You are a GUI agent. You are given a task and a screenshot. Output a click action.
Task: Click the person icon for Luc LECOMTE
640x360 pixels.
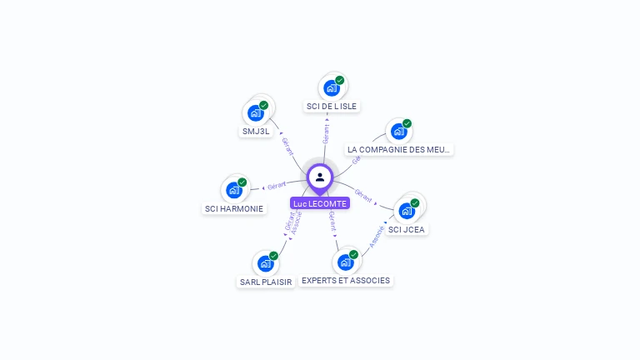pyautogui.click(x=320, y=177)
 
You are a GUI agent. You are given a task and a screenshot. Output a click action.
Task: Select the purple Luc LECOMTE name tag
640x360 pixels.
pyautogui.click(x=320, y=203)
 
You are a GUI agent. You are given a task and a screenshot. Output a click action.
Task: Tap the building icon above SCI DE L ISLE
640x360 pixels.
pyautogui.click(x=332, y=87)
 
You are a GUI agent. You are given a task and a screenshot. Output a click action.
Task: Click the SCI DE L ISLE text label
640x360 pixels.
pyautogui.click(x=332, y=106)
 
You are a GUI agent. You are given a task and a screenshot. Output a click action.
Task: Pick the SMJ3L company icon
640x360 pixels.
pyautogui.click(x=256, y=113)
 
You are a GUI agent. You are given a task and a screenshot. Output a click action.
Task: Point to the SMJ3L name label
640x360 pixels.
pyautogui.click(x=256, y=132)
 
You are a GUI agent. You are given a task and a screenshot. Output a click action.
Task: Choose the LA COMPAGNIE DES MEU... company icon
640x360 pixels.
pyautogui.click(x=399, y=131)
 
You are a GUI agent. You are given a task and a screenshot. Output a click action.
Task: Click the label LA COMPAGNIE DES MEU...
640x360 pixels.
pyautogui.click(x=399, y=150)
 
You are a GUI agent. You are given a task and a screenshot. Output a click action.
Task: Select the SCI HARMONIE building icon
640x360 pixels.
pyautogui.click(x=234, y=190)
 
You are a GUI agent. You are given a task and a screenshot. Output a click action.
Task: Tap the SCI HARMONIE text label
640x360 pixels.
pyautogui.click(x=234, y=208)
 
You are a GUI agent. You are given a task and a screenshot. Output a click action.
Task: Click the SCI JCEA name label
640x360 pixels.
pyautogui.click(x=407, y=229)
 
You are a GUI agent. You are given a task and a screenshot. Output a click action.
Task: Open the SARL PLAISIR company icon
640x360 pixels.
pyautogui.click(x=265, y=263)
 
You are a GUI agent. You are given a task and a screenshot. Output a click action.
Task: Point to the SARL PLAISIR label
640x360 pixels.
pyautogui.click(x=265, y=282)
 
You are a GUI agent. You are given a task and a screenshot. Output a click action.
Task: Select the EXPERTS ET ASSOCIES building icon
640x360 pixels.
pyautogui.click(x=346, y=262)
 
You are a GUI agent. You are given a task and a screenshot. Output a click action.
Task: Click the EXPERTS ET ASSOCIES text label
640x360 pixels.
pyautogui.click(x=346, y=281)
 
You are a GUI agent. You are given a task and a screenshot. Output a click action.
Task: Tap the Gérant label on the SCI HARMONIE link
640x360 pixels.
pyautogui.click(x=277, y=185)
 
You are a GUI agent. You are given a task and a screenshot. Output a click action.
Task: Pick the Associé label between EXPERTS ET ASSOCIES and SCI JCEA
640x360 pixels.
pyautogui.click(x=377, y=237)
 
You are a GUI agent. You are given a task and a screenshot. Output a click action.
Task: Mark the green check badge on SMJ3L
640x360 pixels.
pyautogui.click(x=263, y=106)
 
